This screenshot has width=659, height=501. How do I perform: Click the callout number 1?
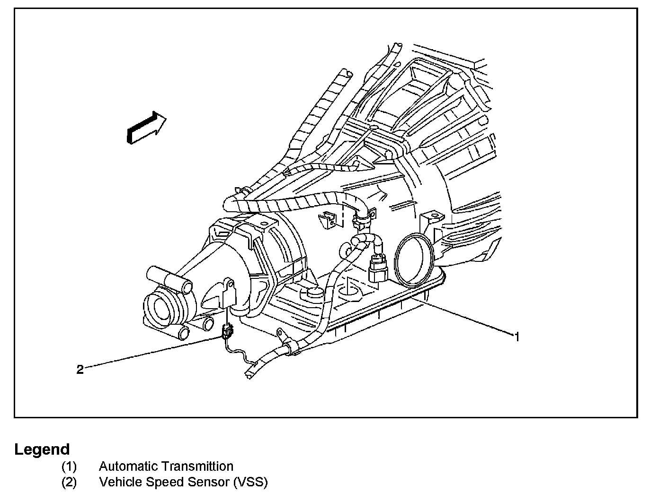coord(517,337)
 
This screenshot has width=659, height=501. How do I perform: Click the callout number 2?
coord(80,370)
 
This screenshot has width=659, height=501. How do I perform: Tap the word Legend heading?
coord(42,449)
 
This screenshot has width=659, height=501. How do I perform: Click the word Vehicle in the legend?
coord(121,482)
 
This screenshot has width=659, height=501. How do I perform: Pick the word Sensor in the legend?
coord(208,482)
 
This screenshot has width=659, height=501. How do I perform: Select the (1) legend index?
coord(69,466)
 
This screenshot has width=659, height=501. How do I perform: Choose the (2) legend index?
coord(69,483)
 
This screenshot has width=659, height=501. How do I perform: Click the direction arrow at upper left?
coord(146,128)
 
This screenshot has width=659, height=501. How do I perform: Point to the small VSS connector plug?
coord(227,332)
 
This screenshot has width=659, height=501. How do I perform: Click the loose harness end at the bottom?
coord(250,373)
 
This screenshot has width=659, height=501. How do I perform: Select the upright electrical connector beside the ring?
coord(378,268)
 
